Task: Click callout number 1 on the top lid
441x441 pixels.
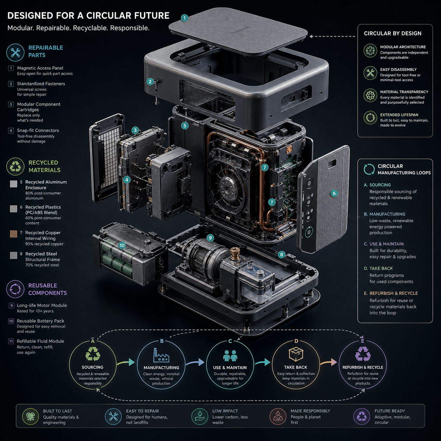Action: pyautogui.click(x=185, y=18)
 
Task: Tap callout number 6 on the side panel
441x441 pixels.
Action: pyautogui.click(x=334, y=193)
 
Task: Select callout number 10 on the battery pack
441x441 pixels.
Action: pyautogui.click(x=122, y=245)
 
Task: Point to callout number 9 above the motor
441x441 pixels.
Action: pyautogui.click(x=210, y=238)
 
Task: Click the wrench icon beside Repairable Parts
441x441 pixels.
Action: pyautogui.click(x=15, y=52)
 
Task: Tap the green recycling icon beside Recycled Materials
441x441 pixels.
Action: pyautogui.click(x=15, y=166)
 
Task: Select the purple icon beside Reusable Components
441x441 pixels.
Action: pyautogui.click(x=15, y=289)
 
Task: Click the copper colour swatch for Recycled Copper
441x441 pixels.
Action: pyautogui.click(x=13, y=234)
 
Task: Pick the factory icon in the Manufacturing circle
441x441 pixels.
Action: pyautogui.click(x=161, y=355)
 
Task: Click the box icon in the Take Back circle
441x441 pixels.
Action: pyautogui.click(x=296, y=354)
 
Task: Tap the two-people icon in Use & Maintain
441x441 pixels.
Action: pyautogui.click(x=230, y=356)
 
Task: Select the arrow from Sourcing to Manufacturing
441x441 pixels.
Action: pyautogui.click(x=126, y=362)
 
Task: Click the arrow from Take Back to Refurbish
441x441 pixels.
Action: pyautogui.click(x=328, y=362)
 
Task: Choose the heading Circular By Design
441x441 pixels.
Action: pyautogui.click(x=392, y=33)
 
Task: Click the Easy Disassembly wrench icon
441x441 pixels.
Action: pyautogui.click(x=370, y=73)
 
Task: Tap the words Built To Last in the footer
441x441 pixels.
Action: pyautogui.click(x=57, y=411)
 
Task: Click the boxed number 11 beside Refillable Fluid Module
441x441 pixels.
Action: pyautogui.click(x=11, y=341)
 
